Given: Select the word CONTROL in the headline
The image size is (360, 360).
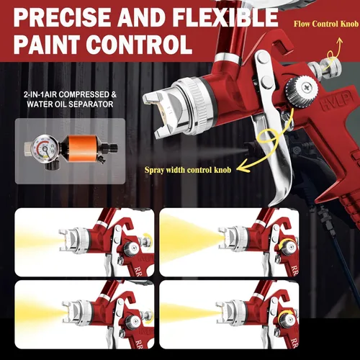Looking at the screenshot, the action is (x=139, y=45).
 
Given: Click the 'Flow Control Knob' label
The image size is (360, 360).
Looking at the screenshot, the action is (x=326, y=24).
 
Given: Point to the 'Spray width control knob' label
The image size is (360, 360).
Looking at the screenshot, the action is (x=188, y=170).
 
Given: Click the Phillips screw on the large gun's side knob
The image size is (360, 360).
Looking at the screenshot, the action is (x=307, y=87).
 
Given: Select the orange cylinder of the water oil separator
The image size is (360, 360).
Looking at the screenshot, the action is (x=79, y=148).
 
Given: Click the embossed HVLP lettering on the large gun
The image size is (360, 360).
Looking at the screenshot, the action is (x=336, y=102).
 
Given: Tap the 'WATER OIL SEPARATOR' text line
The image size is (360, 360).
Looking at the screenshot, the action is (x=70, y=104).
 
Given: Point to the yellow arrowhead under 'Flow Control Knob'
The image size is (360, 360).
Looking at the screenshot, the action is (x=339, y=41).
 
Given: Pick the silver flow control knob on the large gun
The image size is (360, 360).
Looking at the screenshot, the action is (x=325, y=67).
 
